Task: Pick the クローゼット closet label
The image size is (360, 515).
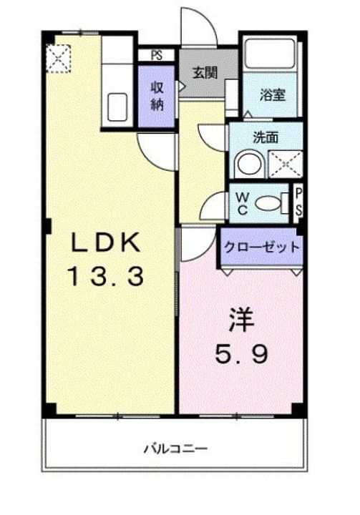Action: point(261,247)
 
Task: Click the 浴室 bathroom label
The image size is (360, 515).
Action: point(274,95)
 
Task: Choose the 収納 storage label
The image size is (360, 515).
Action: point(157,96)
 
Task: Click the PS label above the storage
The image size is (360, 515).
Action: point(157,54)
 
